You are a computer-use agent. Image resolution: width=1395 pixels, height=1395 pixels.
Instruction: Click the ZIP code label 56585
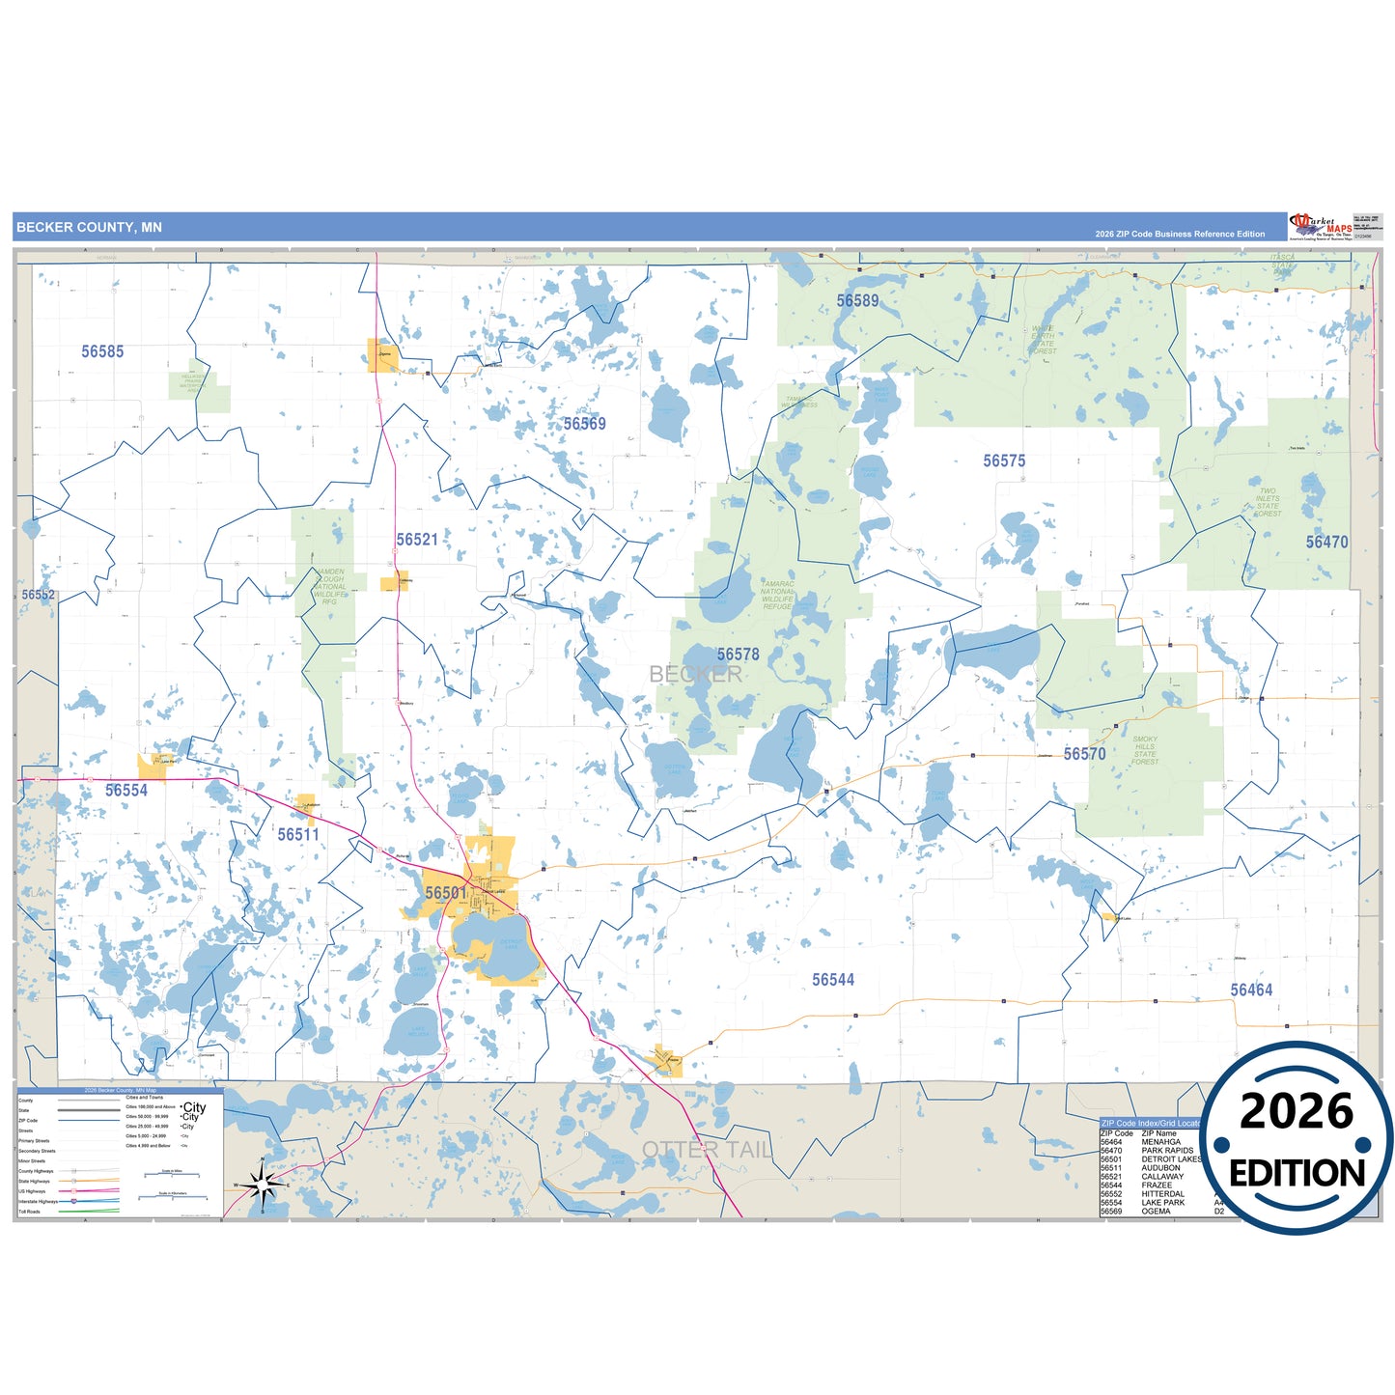(x=102, y=351)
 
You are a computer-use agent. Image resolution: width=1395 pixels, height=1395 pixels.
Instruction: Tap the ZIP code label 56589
(x=857, y=301)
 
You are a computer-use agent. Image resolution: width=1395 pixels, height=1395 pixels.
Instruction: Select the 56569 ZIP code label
(x=584, y=424)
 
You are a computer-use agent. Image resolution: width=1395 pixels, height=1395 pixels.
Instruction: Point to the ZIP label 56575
(x=1004, y=461)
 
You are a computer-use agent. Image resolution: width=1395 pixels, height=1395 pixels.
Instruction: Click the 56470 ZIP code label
(x=1326, y=543)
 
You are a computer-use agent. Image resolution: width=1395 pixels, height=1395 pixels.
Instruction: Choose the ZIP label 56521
(x=417, y=540)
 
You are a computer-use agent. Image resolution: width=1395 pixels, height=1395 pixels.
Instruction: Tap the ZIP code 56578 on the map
(x=738, y=655)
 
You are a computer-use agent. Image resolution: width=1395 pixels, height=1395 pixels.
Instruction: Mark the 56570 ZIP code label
(x=1084, y=754)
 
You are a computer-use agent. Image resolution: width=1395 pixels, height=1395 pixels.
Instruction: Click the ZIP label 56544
(x=832, y=980)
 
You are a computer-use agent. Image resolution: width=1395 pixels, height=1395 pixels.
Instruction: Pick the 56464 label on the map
(x=1250, y=990)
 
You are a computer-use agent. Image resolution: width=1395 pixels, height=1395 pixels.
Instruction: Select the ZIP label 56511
(x=298, y=835)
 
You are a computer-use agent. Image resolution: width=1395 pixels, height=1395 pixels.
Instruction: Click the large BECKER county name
(x=695, y=674)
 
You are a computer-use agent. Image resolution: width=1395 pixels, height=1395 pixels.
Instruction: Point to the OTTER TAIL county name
(x=707, y=1150)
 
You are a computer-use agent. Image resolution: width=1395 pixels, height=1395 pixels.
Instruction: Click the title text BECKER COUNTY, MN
(x=89, y=228)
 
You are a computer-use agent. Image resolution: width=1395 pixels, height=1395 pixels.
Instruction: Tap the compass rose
(x=263, y=1184)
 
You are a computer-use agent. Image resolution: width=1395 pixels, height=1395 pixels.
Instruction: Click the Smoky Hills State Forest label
(x=1145, y=751)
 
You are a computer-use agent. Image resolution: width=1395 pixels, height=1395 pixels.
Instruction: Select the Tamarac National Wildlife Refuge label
(x=777, y=595)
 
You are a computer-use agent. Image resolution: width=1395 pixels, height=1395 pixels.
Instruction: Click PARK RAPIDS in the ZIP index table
(x=1167, y=1151)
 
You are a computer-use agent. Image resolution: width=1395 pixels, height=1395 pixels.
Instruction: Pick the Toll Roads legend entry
(x=30, y=1212)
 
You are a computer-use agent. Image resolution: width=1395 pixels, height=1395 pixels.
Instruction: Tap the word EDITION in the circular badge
(x=1297, y=1174)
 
